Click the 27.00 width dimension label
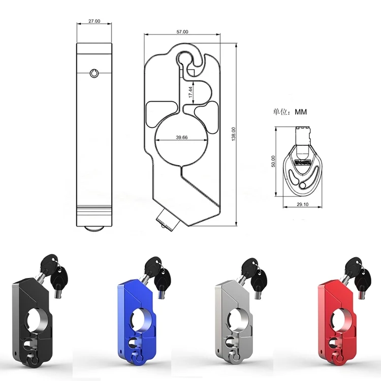[x=94, y=22]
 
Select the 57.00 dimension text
[x=182, y=31]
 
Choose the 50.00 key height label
[x=273, y=161]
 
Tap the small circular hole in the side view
[x=94, y=74]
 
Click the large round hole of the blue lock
[x=139, y=320]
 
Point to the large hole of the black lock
[x=38, y=320]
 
